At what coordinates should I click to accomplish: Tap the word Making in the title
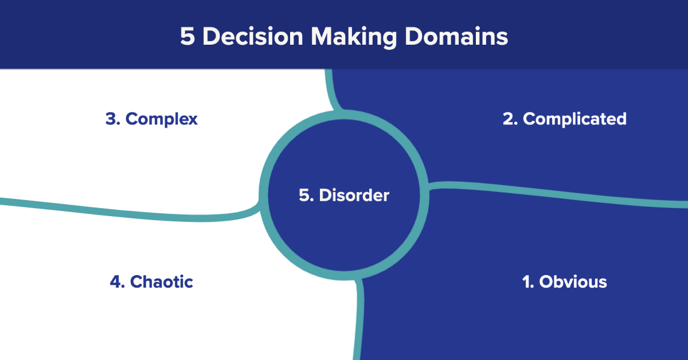(356, 37)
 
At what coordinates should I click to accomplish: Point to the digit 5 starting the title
(187, 37)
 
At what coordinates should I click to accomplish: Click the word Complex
(161, 119)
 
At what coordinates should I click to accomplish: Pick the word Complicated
(574, 119)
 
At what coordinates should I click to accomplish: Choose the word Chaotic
(162, 282)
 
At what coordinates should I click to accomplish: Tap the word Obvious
(573, 282)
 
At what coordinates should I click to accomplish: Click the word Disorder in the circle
(354, 195)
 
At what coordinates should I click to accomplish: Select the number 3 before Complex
(111, 119)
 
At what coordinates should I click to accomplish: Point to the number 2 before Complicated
(509, 119)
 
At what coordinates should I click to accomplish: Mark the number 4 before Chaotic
(115, 282)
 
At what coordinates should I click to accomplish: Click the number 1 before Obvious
(527, 282)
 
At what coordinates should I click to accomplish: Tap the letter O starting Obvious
(546, 282)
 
